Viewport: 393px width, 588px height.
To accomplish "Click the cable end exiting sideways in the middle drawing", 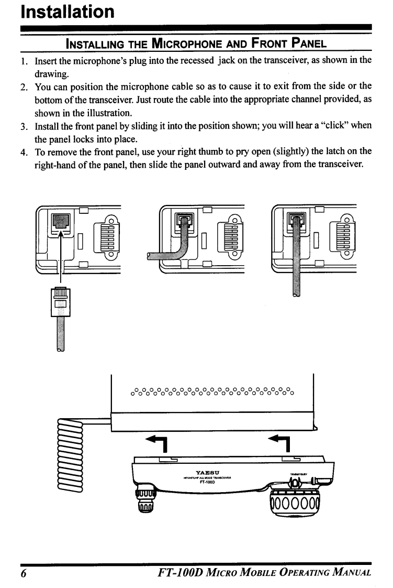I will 152,256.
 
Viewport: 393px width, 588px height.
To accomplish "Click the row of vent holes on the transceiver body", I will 212,390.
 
